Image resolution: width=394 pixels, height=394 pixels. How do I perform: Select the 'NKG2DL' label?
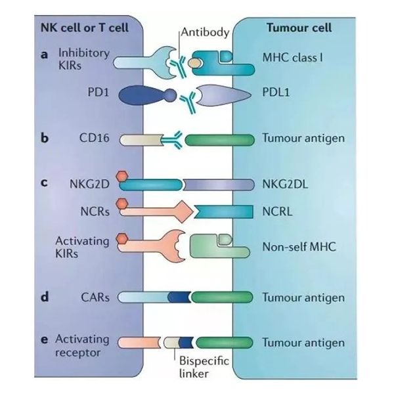click(x=284, y=185)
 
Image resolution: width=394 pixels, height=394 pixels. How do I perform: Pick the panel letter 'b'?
click(x=45, y=140)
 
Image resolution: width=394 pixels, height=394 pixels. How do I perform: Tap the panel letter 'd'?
click(x=45, y=297)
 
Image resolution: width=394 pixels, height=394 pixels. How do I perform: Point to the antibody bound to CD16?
click(x=173, y=138)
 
